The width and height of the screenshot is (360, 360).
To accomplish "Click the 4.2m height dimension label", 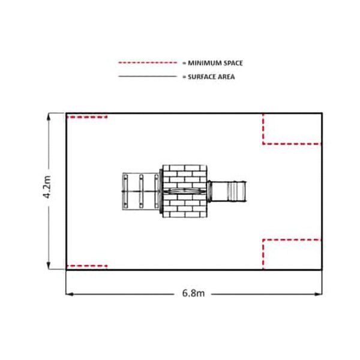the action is [47, 187].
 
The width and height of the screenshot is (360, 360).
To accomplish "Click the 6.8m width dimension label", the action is [193, 293].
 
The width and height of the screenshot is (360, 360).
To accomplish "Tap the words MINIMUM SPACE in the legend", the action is [215, 63].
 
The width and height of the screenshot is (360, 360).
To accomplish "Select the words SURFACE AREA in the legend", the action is [211, 77].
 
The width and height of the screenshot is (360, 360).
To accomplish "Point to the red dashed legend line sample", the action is [148, 62].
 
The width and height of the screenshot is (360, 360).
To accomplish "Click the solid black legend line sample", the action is [148, 76].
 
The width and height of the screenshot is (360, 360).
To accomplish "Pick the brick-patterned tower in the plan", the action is [185, 191].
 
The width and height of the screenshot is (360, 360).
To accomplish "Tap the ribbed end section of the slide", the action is [236, 191].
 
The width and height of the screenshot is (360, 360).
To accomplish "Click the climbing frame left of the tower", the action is [141, 191].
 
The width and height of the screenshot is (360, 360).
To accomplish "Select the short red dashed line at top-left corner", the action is [87, 117].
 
